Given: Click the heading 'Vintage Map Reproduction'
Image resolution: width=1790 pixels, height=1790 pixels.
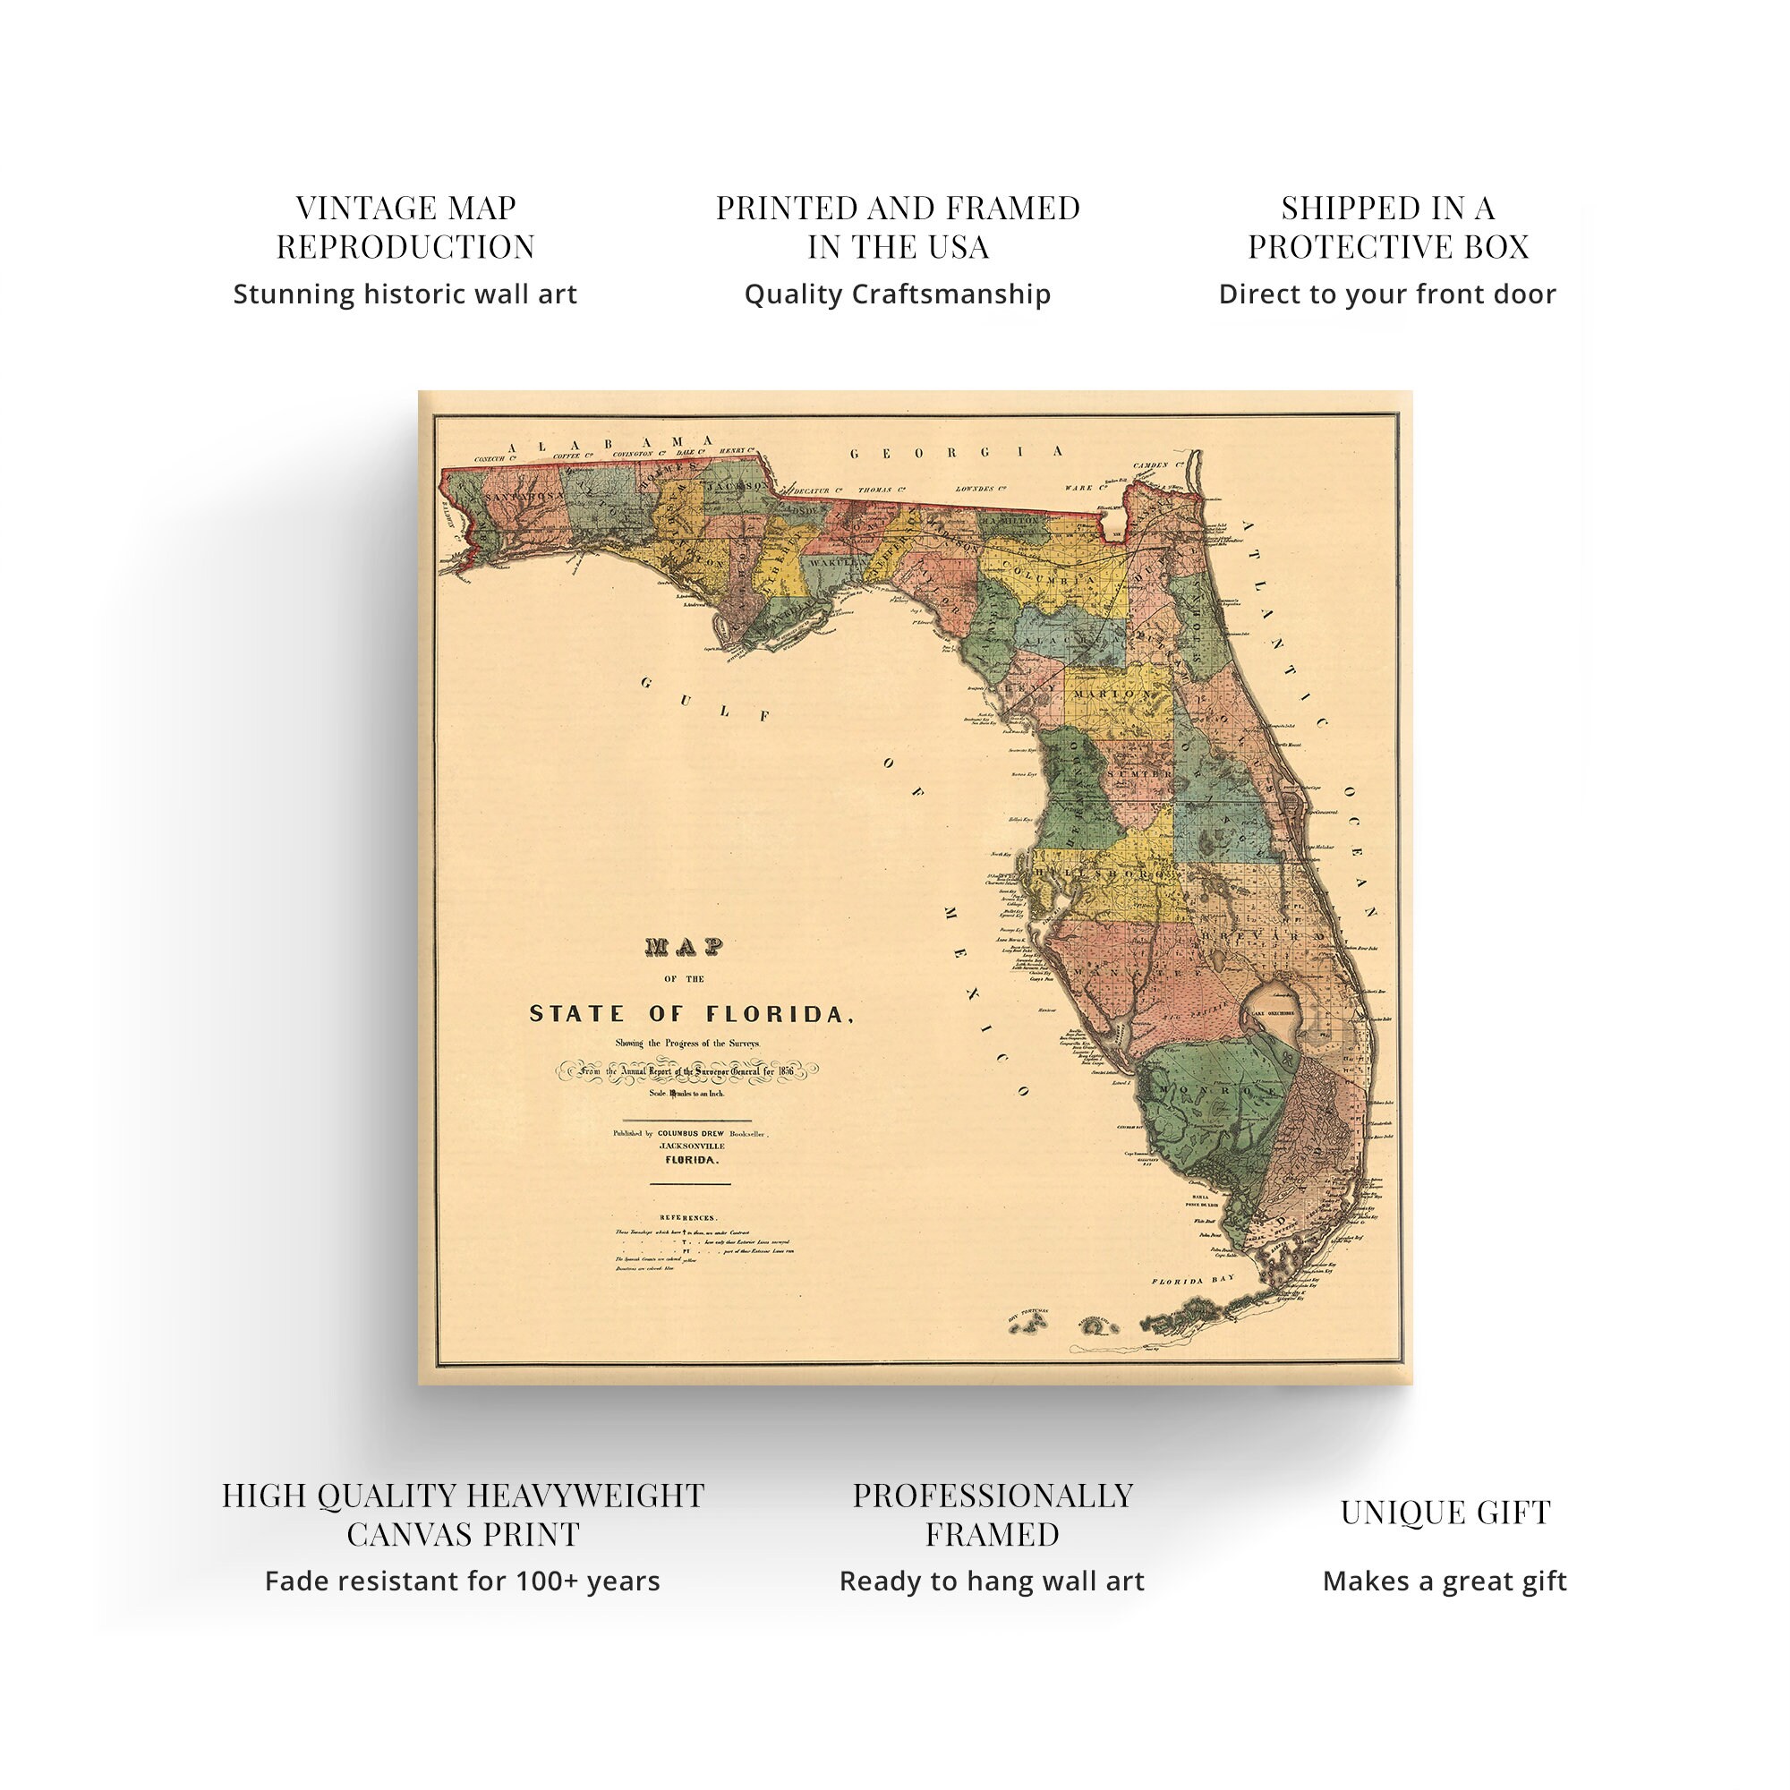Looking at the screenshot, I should (x=405, y=227).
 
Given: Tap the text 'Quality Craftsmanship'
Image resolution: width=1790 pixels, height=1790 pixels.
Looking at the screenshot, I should (x=897, y=294).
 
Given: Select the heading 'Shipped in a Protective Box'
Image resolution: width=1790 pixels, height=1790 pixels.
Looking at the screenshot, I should (x=1387, y=227).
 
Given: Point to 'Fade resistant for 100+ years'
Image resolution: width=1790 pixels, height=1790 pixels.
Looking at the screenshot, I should (x=463, y=1581).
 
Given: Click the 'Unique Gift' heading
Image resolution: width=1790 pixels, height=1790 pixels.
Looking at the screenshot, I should (x=1445, y=1512).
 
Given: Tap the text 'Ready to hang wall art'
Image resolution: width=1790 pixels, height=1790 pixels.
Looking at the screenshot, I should (x=992, y=1581).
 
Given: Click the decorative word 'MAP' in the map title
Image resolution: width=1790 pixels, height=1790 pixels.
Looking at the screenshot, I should (x=684, y=947).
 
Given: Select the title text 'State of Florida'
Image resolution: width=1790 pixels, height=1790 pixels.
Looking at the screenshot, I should (x=690, y=1014).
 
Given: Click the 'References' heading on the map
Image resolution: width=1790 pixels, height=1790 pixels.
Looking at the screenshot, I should (x=687, y=1217).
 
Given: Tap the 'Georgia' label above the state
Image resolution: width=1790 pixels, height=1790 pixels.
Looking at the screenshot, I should (x=958, y=453).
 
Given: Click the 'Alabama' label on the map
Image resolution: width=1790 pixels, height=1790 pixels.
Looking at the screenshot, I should (x=611, y=445).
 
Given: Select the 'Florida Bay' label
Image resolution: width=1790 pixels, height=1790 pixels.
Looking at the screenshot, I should (x=1193, y=1282).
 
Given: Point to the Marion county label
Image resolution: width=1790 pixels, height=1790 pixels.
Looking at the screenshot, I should (x=1111, y=694).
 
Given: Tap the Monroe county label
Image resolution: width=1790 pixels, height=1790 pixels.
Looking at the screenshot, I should (x=1214, y=1090).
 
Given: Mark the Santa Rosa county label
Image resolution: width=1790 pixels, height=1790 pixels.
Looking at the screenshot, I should (x=525, y=496).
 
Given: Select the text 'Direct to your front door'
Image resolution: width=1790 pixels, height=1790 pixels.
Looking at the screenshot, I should (x=1387, y=294).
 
